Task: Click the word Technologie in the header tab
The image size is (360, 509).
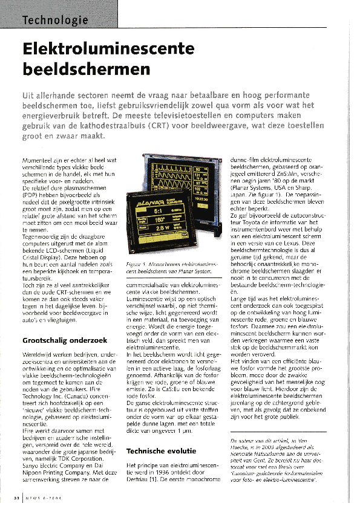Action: [55, 21]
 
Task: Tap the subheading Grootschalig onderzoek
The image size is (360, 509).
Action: [51, 340]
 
